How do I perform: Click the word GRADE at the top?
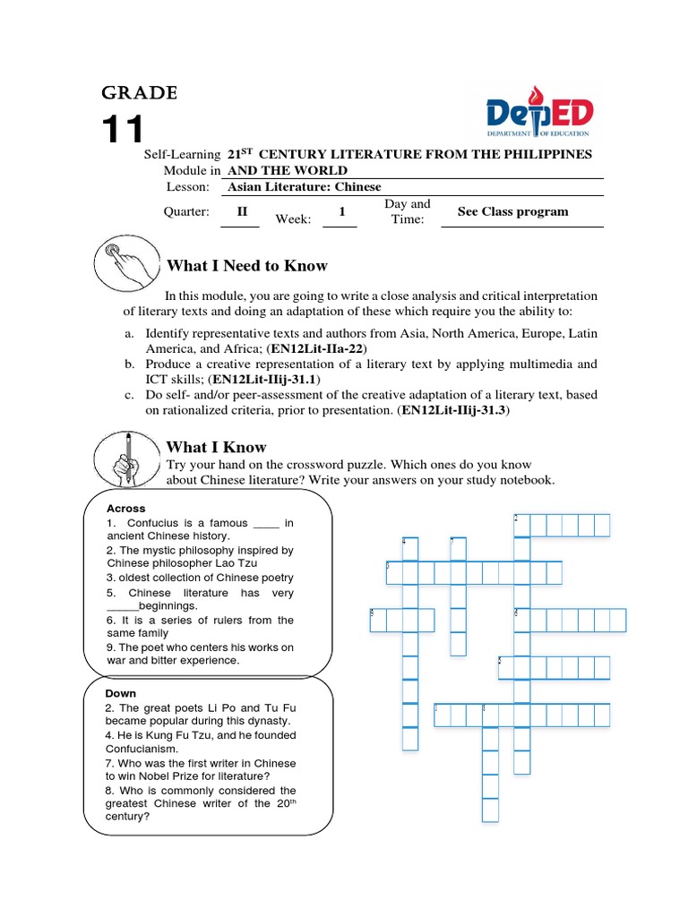click(x=139, y=93)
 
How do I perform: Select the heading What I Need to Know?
click(x=247, y=266)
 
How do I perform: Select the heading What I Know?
click(x=216, y=447)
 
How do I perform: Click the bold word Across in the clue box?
click(x=125, y=509)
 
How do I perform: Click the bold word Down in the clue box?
click(x=121, y=693)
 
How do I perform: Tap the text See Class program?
click(x=512, y=212)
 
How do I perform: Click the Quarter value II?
click(x=241, y=212)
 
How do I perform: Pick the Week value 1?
click(x=341, y=212)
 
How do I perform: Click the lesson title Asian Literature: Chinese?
click(x=305, y=187)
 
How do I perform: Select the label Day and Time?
click(x=407, y=211)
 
